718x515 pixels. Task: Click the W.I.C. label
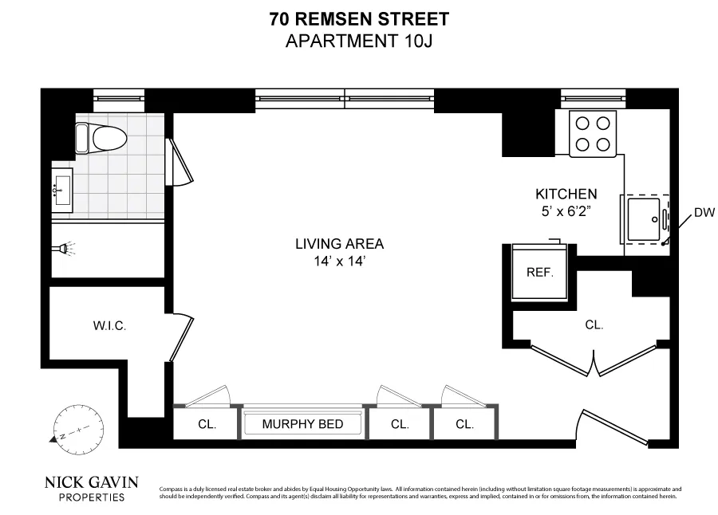[x=108, y=325]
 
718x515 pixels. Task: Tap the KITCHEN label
[x=566, y=194]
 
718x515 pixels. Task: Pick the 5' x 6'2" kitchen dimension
[x=566, y=210]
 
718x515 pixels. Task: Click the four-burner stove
[x=593, y=133]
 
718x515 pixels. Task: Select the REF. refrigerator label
[x=539, y=272]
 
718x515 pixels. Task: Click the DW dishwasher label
[x=703, y=212]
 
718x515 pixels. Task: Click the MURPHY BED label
[x=302, y=424]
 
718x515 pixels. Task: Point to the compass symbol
[x=73, y=428]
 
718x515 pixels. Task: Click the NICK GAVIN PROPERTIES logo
[x=92, y=488]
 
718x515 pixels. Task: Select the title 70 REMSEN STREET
[x=359, y=19]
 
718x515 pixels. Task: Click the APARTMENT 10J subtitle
[x=359, y=41]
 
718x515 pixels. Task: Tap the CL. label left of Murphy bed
[x=207, y=424]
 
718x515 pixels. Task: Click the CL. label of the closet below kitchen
[x=594, y=325]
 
